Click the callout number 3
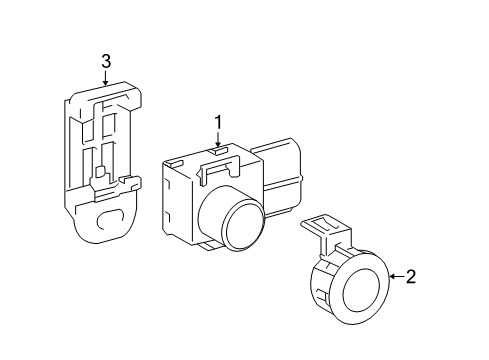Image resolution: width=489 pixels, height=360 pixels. pyautogui.click(x=105, y=63)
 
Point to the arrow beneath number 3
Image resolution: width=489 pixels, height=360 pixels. pyautogui.click(x=105, y=79)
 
